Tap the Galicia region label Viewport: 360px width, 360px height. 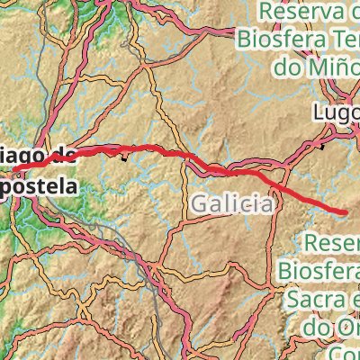(x=231, y=204)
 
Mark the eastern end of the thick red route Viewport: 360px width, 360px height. (x=346, y=211)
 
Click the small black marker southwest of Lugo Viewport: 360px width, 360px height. (x=323, y=144)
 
